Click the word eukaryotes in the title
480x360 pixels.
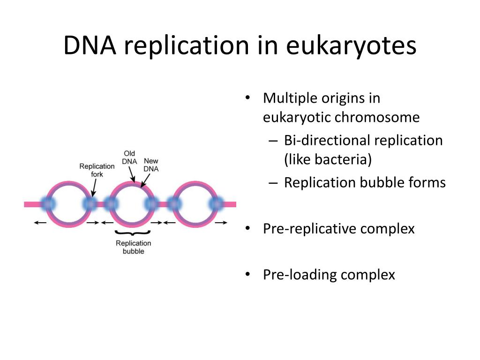tap(351, 46)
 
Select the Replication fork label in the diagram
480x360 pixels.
tap(97, 170)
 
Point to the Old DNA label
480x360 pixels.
tap(129, 157)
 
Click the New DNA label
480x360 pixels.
tap(151, 165)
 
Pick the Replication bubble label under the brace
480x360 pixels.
tap(134, 247)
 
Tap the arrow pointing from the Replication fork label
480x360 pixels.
tap(94, 187)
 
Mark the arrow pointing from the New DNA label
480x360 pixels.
tap(145, 179)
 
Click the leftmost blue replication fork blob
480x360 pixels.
tap(47, 204)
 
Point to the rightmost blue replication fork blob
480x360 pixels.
tap(217, 204)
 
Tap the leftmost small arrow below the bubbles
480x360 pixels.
tap(40, 223)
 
